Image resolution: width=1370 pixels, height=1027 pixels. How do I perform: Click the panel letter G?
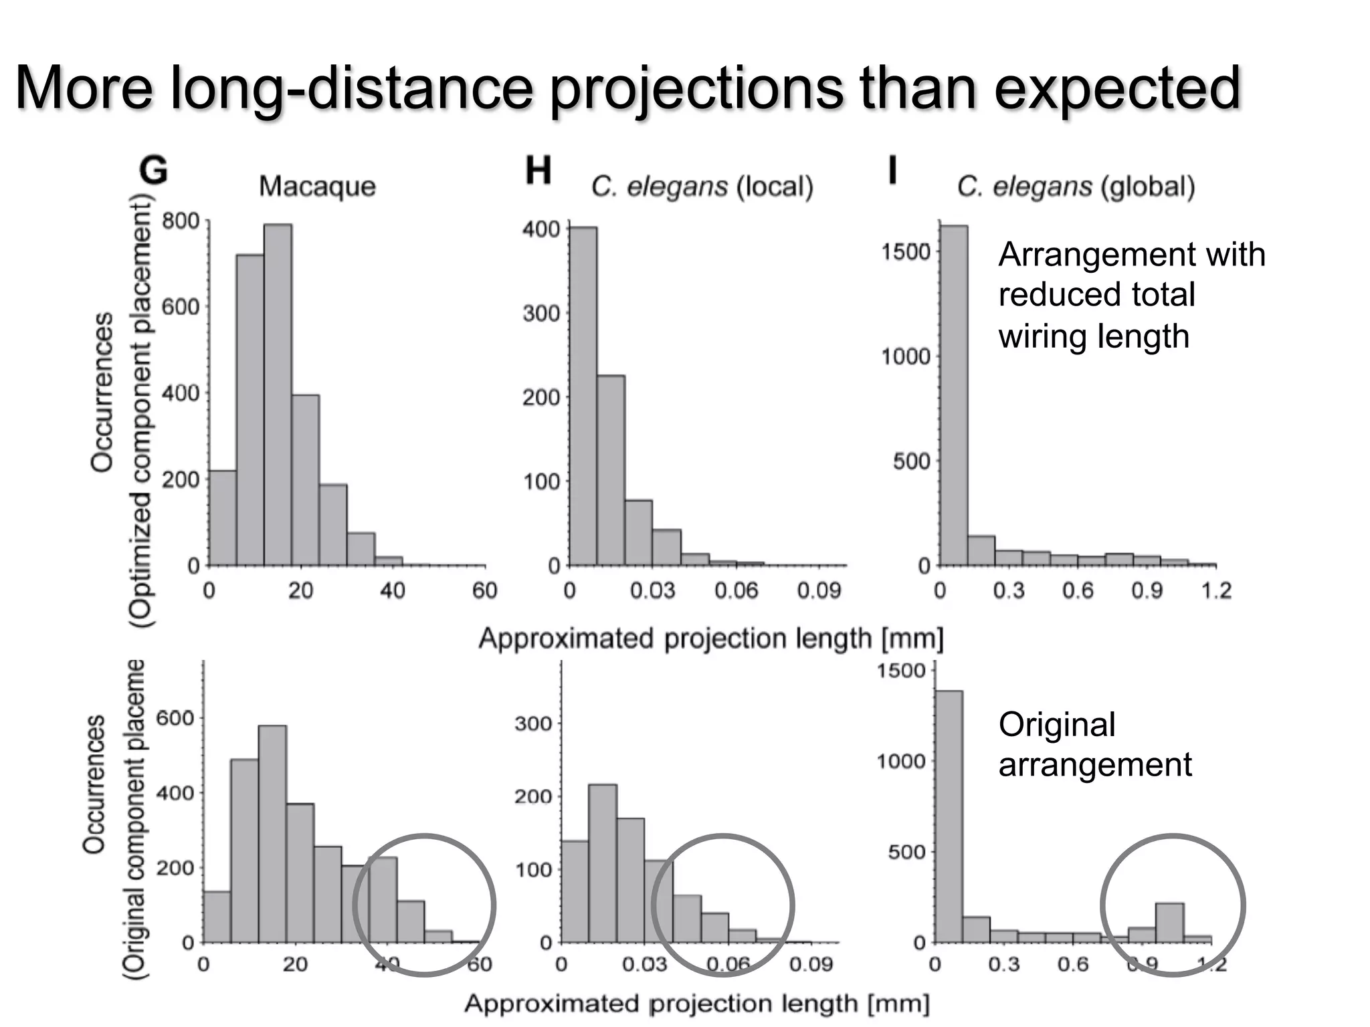coord(153,170)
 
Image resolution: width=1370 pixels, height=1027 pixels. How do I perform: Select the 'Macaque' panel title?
coord(317,186)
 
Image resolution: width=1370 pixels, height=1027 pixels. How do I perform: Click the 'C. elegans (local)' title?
coord(702,187)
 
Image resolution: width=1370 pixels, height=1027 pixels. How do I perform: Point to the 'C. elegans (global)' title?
coord(1076,187)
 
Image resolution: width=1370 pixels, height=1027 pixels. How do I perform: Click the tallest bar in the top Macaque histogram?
coord(278,394)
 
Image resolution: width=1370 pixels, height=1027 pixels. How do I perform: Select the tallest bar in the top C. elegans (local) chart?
coord(583,396)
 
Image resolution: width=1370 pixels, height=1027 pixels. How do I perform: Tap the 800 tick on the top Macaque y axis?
coord(181,221)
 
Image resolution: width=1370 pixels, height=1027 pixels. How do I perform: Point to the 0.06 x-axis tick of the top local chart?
coord(736,590)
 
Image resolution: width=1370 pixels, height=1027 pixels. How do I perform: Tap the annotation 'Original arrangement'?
coord(1094,744)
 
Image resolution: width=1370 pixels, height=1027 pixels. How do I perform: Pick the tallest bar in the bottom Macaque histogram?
coord(272,834)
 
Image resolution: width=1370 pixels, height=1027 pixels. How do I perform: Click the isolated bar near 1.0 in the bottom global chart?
coord(1169,923)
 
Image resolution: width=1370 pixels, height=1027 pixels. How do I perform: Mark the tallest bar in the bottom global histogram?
coord(949,816)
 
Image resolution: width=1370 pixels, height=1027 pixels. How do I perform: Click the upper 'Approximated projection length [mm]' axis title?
coord(710,639)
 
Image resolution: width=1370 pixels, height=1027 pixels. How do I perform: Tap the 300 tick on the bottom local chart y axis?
coord(532,723)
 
